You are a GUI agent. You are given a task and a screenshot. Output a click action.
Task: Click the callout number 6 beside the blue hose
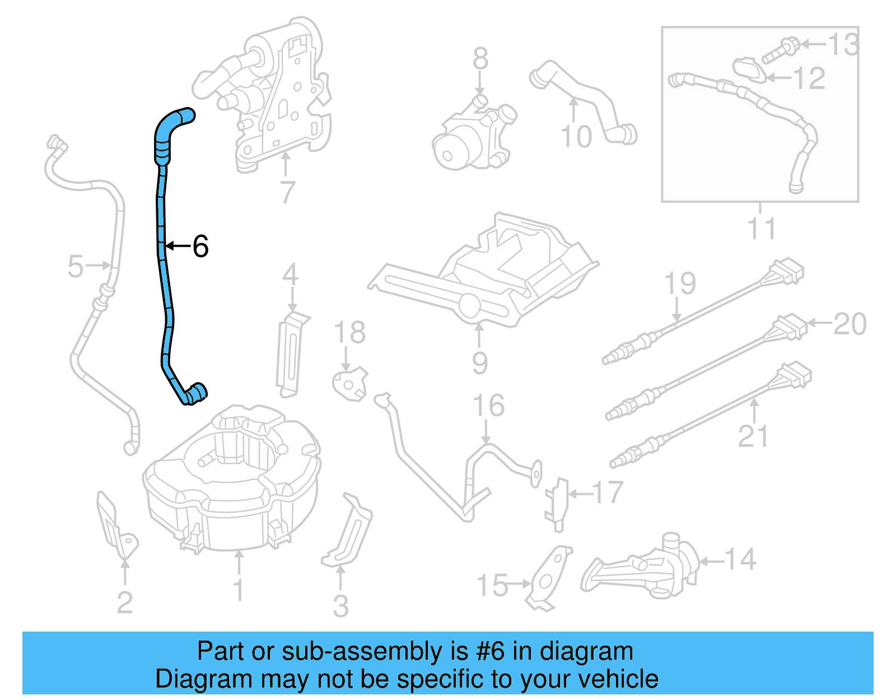(200, 246)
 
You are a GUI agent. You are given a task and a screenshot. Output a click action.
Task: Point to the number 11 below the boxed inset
(761, 229)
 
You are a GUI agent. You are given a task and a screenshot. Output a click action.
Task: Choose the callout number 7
(287, 192)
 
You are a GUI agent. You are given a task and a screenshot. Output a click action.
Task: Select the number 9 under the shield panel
(479, 363)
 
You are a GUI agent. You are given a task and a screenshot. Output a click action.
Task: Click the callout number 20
(850, 324)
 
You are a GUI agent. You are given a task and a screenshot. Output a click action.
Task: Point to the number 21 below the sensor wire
(753, 436)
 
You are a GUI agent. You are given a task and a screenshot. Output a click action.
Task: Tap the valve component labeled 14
(644, 566)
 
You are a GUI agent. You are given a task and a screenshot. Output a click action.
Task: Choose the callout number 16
(488, 406)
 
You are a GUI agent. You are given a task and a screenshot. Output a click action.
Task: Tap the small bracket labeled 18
(350, 384)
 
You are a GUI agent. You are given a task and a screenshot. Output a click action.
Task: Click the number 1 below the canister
(239, 590)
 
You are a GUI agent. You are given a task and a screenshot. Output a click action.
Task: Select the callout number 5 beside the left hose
(75, 266)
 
